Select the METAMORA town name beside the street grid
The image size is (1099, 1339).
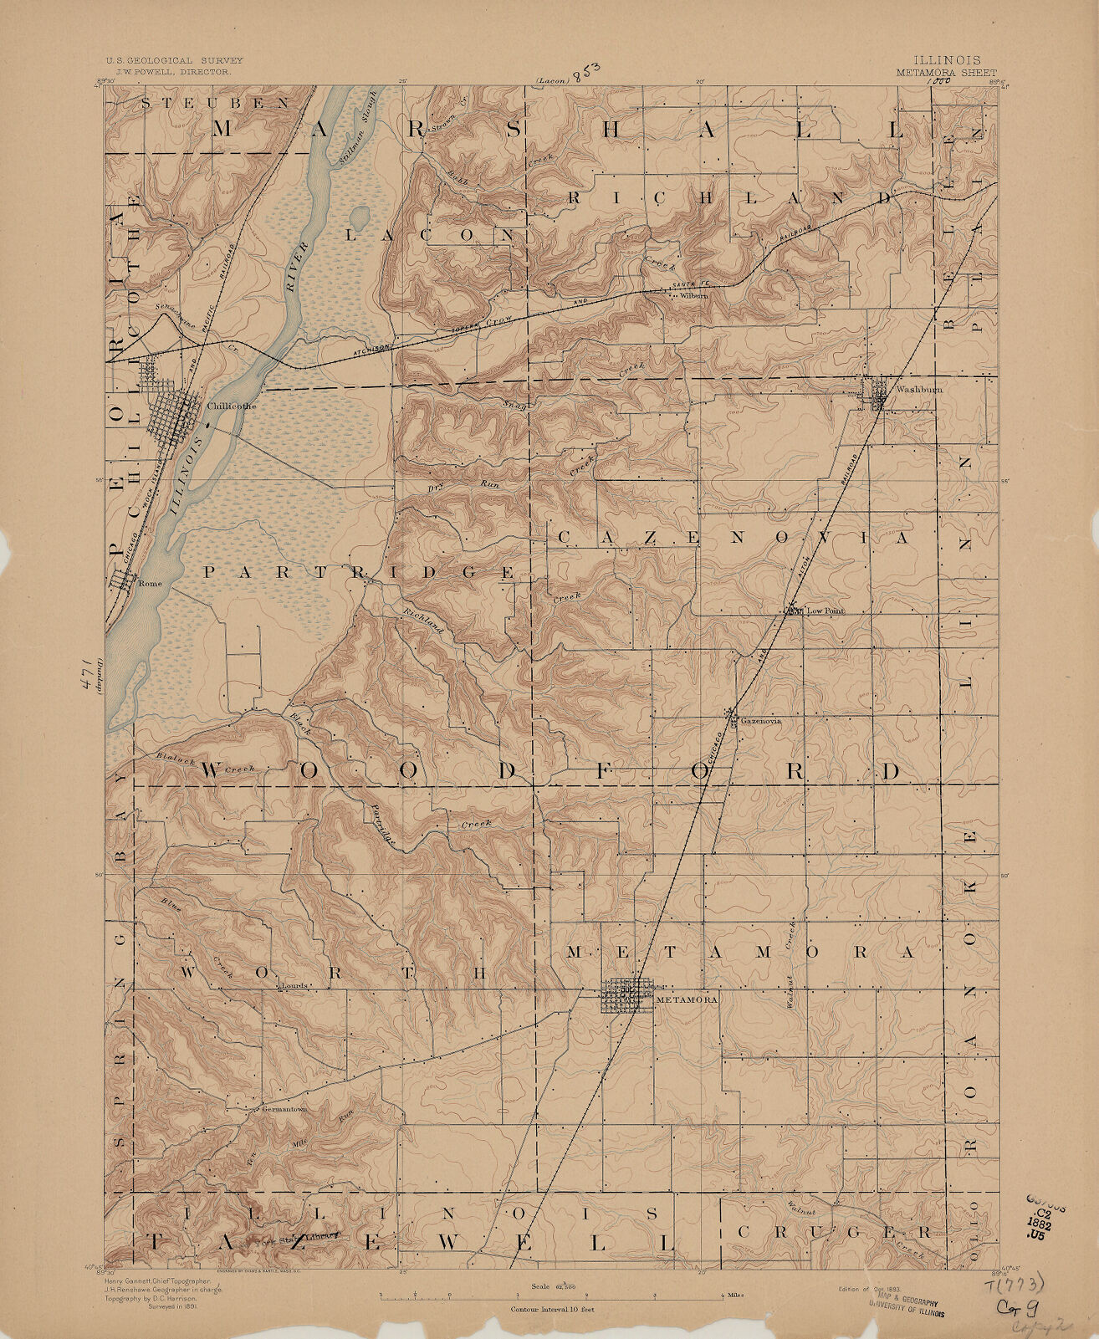tap(687, 999)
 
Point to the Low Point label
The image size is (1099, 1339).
tap(825, 611)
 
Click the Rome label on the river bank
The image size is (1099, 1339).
tap(147, 585)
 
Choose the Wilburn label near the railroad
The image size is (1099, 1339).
tap(694, 296)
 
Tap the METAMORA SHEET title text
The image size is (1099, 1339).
tap(947, 73)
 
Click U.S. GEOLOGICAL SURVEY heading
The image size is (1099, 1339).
tap(173, 61)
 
